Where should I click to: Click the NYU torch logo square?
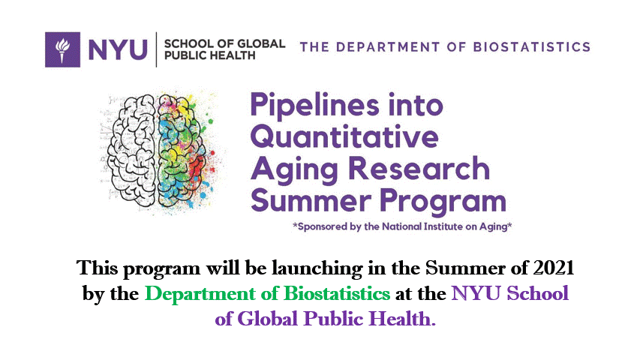coord(62,49)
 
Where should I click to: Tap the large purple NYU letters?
coord(118,49)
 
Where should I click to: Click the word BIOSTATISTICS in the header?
coord(532,47)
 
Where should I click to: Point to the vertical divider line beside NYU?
coord(156,49)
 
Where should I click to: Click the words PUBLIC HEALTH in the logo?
coord(210,55)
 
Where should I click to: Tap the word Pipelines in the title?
coord(314,106)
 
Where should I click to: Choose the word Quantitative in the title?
coord(345,136)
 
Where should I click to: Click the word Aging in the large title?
coord(294,170)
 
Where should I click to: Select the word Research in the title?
coord(419,168)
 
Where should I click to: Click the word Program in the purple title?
coord(443,202)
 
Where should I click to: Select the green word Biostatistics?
coord(337,293)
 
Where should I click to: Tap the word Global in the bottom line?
coord(268,319)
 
